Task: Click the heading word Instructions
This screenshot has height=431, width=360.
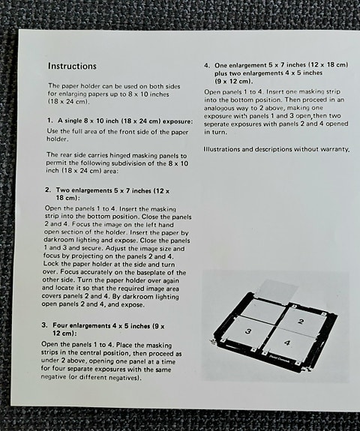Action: coord(72,66)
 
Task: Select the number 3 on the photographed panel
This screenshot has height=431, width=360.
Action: coord(249,331)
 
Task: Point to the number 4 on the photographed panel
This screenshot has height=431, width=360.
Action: coord(288,343)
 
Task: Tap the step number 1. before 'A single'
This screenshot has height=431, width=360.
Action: coord(49,121)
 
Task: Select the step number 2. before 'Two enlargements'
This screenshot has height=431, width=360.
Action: coord(49,190)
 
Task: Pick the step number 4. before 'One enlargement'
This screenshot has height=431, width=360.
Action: coord(207,65)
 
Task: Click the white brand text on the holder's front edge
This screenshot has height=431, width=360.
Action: coord(306,361)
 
